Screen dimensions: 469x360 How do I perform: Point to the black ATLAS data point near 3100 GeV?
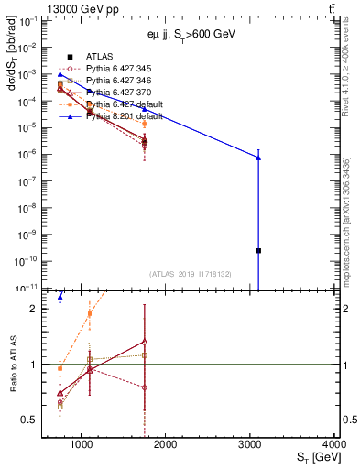tap(258, 250)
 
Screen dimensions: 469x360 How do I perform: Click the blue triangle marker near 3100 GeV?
tap(258, 158)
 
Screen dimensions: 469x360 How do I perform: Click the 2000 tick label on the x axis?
tap(166, 444)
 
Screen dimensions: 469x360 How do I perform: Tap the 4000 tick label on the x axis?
tap(333, 444)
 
